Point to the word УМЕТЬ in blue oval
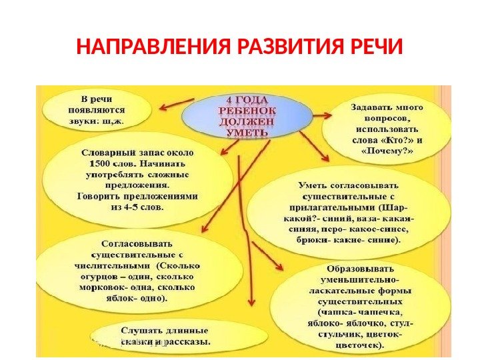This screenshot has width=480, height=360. [x=246, y=132]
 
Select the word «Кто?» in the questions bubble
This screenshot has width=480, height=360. [x=393, y=140]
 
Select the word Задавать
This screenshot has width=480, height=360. [x=371, y=105]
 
